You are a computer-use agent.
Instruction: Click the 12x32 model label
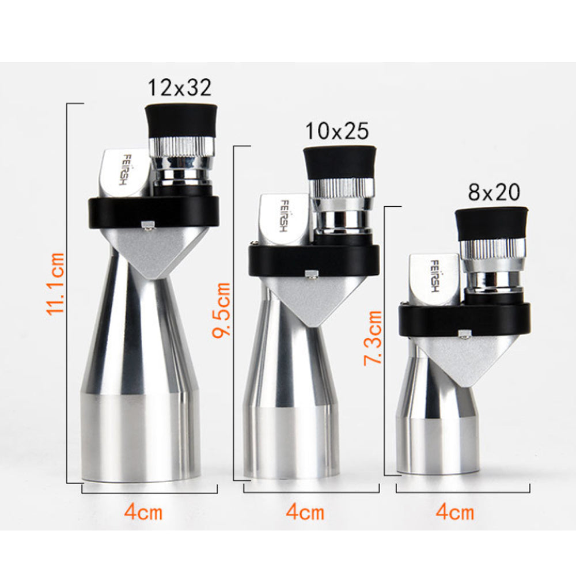coord(180,88)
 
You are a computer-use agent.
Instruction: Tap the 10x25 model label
coord(336,131)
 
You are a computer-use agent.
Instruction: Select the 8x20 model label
coord(494,192)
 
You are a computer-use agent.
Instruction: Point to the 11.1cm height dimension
coord(56,283)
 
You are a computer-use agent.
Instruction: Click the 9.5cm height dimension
coord(222,310)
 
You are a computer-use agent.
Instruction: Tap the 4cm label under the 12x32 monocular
coord(143,511)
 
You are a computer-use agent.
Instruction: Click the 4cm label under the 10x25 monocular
coord(305,511)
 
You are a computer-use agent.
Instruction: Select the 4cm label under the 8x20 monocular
coord(455,511)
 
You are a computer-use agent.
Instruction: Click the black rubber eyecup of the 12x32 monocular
coord(181,120)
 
